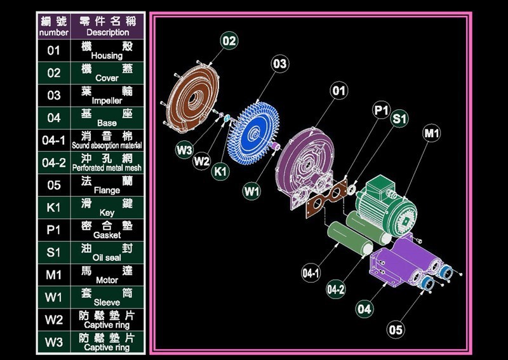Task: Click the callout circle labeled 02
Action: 229,41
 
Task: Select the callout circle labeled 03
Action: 279,64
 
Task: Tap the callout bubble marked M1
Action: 432,133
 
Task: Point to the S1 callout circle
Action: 399,119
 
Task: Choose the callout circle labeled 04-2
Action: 336,289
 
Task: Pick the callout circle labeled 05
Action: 395,330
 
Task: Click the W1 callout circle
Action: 251,191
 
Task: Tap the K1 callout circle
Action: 220,171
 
